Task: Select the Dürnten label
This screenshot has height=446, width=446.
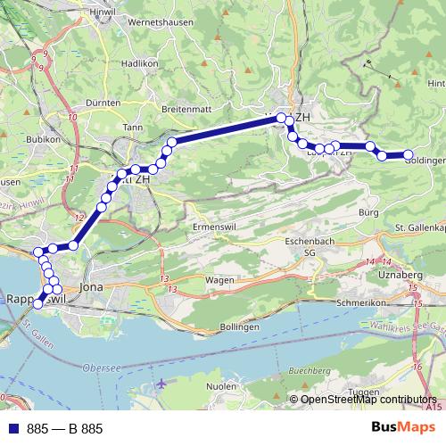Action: tap(104, 103)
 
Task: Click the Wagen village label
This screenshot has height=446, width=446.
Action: tap(219, 279)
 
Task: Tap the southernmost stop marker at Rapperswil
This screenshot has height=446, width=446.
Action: tap(37, 304)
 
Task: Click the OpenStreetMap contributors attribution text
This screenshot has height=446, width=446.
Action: tap(368, 400)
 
